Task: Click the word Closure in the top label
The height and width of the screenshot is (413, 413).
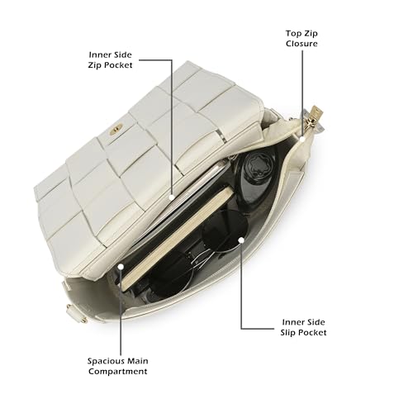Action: (301, 44)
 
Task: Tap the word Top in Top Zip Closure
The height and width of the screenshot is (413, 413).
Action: (292, 34)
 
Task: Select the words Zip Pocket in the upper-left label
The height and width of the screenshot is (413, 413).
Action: (110, 65)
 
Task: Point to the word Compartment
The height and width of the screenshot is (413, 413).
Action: (118, 372)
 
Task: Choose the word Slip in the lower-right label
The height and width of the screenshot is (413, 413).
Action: (287, 333)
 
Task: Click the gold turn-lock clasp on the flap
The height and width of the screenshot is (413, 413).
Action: (116, 129)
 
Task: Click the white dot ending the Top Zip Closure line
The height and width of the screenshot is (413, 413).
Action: (302, 139)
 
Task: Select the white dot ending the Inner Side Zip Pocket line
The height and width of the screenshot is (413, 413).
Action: (172, 197)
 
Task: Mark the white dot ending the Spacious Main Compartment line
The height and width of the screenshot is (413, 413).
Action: (121, 267)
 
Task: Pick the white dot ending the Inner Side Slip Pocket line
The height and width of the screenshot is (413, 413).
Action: (241, 240)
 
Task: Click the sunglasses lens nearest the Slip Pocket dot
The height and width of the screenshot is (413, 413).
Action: (225, 230)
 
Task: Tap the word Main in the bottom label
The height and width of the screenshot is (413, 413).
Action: (138, 361)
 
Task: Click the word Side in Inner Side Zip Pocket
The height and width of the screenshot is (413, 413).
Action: (121, 55)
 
